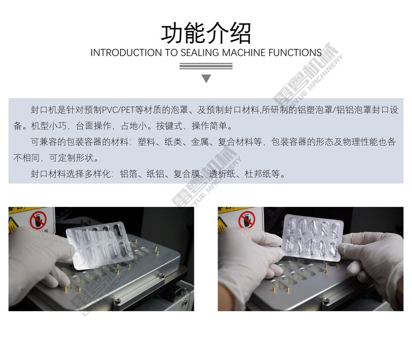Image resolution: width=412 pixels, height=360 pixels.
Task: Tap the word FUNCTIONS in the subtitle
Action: [295, 53]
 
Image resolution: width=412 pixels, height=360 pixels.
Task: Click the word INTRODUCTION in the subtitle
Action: [126, 53]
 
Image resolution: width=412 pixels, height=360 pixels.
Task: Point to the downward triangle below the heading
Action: [206, 78]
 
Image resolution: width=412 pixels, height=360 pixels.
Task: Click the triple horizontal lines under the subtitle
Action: [206, 66]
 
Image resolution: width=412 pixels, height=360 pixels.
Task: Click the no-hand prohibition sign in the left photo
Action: [38, 220]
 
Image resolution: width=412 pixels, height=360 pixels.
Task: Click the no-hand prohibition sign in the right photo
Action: [247, 220]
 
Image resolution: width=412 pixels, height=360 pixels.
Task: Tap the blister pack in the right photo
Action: [313, 238]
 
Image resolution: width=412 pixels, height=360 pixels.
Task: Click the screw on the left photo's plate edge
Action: [162, 275]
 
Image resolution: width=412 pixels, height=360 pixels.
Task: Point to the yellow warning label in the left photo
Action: [14, 222]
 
